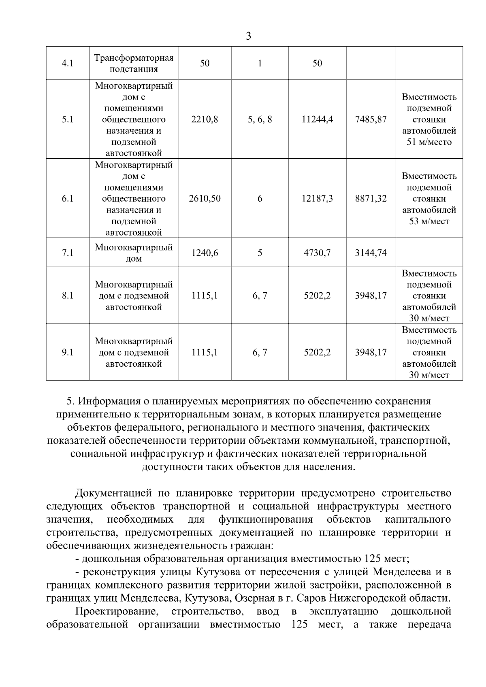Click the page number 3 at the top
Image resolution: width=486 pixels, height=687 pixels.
[248, 36]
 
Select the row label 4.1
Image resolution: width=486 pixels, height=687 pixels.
[67, 63]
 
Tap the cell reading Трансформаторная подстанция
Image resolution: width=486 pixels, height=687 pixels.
[134, 63]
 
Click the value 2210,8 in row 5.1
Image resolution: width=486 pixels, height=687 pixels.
[205, 119]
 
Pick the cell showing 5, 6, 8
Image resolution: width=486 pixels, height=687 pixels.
[260, 119]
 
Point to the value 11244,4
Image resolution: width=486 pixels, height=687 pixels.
[317, 119]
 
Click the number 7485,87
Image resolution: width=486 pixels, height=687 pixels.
[371, 119]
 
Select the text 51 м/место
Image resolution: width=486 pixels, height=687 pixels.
[429, 142]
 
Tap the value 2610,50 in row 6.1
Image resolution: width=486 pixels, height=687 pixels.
[205, 198]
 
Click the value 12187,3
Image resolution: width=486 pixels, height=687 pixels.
[317, 198]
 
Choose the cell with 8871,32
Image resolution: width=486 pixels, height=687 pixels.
[371, 198]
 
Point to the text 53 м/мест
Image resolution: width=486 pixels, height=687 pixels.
[429, 221]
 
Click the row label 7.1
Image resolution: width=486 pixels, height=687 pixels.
[67, 253]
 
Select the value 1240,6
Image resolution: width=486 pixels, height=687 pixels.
[205, 253]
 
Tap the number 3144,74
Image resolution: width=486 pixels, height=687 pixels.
[371, 253]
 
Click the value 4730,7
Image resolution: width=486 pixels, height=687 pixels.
[317, 253]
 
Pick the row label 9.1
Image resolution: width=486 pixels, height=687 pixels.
[67, 352]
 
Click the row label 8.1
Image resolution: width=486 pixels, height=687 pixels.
[67, 296]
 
